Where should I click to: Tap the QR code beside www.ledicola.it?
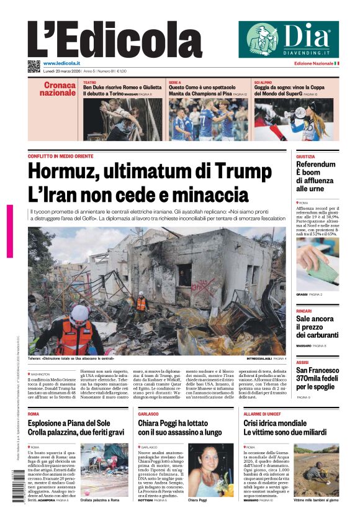pyautogui.click(x=34, y=66)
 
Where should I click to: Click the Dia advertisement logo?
pyautogui.click(x=289, y=39)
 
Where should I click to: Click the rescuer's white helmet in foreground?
pyautogui.click(x=81, y=312)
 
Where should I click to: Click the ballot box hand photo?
pyautogui.click(x=317, y=263)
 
